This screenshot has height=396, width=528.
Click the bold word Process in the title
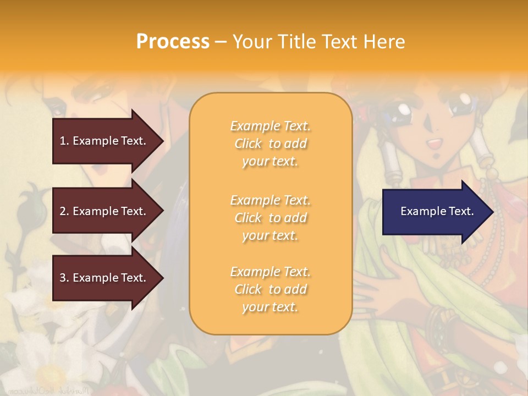click(173, 42)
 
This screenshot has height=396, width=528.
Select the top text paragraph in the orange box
click(270, 144)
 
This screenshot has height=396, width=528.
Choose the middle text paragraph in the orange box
click(270, 218)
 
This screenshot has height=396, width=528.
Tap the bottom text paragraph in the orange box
click(270, 289)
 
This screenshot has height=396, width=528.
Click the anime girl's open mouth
click(434, 144)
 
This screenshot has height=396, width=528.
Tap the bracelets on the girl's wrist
click(437, 322)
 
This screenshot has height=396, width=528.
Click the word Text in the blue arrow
click(461, 211)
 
